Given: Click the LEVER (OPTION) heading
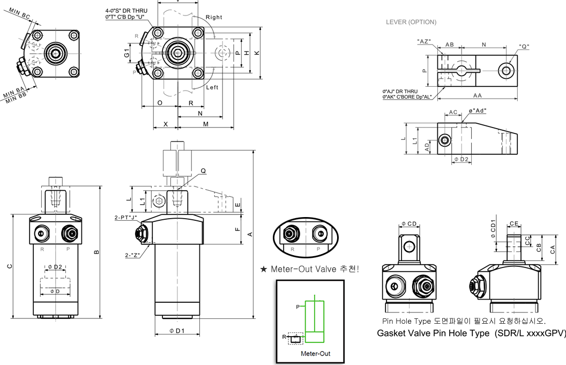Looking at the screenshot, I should (411, 23).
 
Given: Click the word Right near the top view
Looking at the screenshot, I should (213, 17).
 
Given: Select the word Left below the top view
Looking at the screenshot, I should (212, 87).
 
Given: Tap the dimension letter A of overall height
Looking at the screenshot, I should (249, 234).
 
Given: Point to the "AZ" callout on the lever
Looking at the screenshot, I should (424, 41).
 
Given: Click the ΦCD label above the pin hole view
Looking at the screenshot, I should (408, 224).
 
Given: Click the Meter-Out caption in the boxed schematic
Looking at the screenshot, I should (315, 353).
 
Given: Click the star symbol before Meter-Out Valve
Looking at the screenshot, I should (263, 269).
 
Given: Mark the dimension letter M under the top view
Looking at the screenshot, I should (206, 124).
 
